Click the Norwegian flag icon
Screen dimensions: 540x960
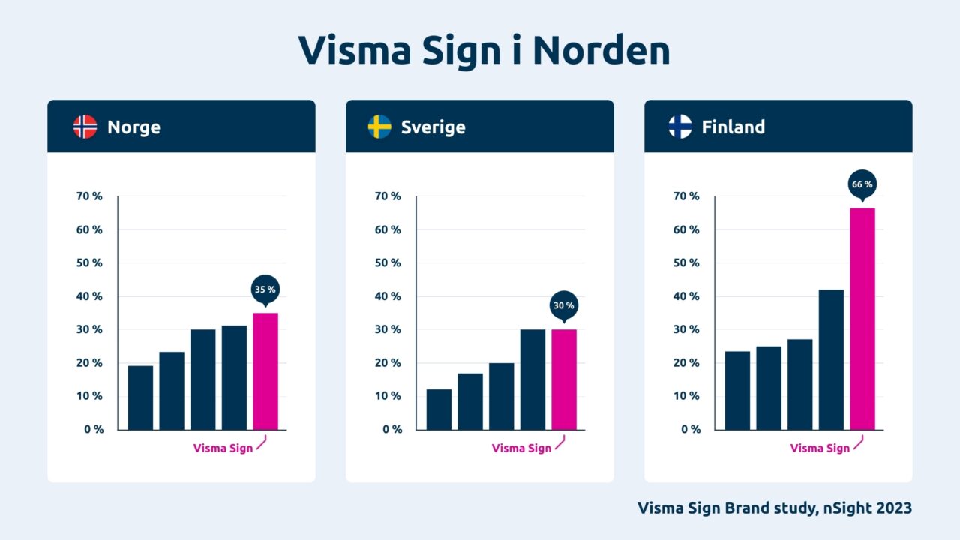(85, 127)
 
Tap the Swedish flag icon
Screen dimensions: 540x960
(379, 127)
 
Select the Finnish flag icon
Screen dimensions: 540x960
(680, 127)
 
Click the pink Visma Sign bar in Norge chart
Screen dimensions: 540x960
(265, 371)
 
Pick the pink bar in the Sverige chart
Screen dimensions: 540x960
(564, 379)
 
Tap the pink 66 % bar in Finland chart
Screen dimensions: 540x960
(862, 319)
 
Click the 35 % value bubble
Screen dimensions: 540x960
(264, 289)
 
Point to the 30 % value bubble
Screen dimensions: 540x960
(564, 305)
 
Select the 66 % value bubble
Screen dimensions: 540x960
(862, 184)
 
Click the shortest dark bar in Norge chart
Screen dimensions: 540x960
(140, 397)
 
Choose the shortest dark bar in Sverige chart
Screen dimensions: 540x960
(439, 409)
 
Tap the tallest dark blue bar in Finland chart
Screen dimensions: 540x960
(831, 360)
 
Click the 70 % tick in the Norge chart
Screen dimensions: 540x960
(89, 196)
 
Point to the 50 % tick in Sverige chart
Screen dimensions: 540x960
(388, 263)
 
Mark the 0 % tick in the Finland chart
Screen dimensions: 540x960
(691, 430)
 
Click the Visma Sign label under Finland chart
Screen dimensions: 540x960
(820, 448)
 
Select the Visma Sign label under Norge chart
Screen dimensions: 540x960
(223, 448)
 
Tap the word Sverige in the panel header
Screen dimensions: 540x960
(433, 127)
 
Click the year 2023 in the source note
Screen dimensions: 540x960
(893, 508)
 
